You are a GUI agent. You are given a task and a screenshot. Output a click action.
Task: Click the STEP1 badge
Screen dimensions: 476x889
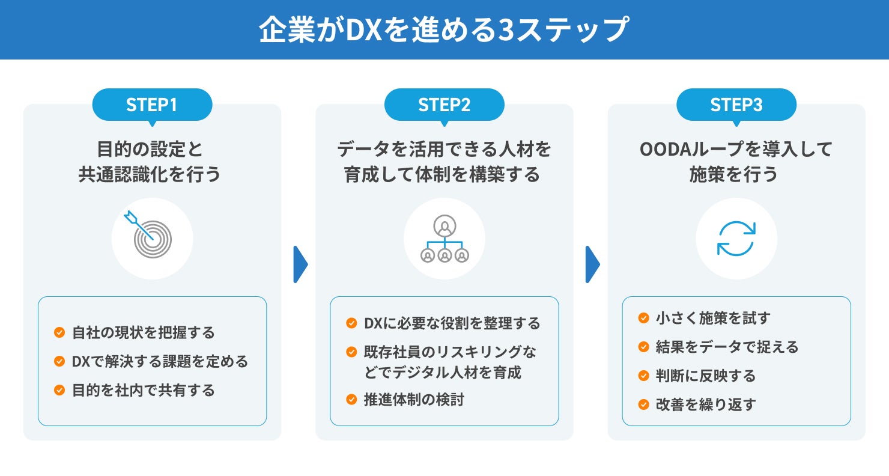coord(152,105)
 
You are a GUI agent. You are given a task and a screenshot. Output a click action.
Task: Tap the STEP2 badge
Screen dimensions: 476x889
coord(444,105)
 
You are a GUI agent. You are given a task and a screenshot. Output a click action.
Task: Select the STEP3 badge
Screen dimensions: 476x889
coord(736,105)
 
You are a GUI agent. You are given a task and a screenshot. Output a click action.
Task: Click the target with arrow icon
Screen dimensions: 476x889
coord(152,239)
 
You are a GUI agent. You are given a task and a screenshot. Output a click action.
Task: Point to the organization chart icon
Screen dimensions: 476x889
coord(444,239)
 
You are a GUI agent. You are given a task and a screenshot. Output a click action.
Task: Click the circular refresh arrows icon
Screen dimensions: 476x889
coord(736,239)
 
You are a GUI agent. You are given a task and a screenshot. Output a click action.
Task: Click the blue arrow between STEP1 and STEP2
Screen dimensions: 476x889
coord(300,264)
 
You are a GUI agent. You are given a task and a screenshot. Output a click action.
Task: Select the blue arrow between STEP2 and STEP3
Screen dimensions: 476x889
coord(592,264)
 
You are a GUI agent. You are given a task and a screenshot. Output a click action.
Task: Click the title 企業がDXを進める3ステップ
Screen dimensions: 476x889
coord(444,30)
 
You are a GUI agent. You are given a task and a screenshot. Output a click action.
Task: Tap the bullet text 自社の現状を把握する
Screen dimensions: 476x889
coord(143,332)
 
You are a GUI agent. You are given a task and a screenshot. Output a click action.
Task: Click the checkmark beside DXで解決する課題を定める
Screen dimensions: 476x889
coord(59,361)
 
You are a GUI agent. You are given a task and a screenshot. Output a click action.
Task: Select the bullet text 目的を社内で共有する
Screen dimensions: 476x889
coord(143,390)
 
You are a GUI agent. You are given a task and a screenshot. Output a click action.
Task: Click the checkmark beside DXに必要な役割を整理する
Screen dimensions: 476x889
coord(351,323)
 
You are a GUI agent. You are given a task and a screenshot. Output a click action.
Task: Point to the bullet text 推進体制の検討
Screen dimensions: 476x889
coord(414,400)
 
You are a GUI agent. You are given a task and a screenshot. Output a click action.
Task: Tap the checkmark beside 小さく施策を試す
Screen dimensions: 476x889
coord(643,318)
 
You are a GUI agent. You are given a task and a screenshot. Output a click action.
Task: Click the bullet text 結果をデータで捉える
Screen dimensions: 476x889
coord(727,347)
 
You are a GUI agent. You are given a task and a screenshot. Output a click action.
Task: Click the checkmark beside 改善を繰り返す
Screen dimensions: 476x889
coord(643,404)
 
